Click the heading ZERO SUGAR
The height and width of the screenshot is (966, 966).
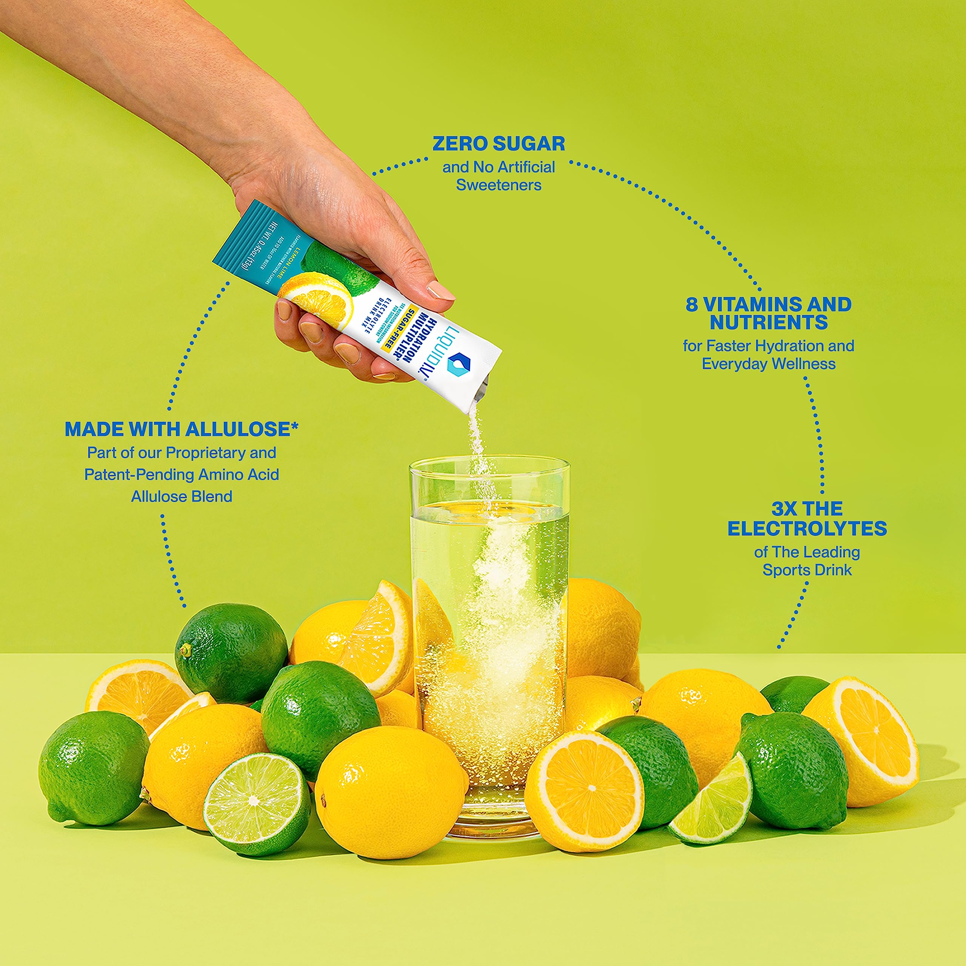498,144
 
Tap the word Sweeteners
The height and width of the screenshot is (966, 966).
498,186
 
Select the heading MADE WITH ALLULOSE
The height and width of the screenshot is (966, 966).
181,429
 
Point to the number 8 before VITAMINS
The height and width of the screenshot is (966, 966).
692,305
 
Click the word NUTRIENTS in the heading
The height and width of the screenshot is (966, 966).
769,323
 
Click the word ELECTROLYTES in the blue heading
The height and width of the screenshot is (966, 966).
807,529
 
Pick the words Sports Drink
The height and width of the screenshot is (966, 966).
807,570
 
